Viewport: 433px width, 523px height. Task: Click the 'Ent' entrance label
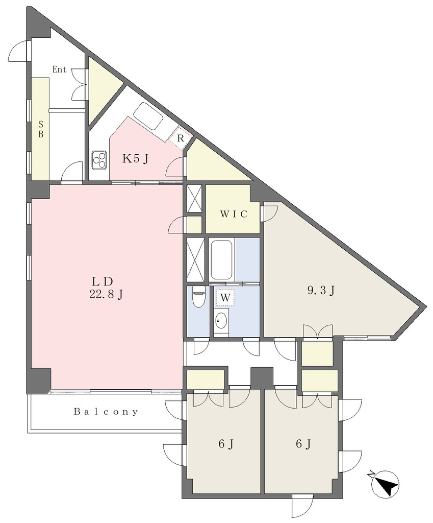[x=60, y=69]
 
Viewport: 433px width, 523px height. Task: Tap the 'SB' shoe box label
[x=41, y=129]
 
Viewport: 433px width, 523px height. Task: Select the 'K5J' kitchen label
[x=135, y=159]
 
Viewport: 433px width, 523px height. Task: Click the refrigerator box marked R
[x=180, y=138]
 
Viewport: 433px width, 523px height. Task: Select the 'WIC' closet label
[x=234, y=214]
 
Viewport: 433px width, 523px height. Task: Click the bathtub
[x=221, y=259]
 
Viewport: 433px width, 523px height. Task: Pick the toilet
[x=198, y=297]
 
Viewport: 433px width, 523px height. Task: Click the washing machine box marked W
[x=225, y=298]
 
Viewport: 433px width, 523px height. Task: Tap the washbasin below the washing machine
[x=221, y=322]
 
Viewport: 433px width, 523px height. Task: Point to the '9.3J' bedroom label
[x=320, y=291]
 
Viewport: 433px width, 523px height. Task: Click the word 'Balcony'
[x=106, y=412]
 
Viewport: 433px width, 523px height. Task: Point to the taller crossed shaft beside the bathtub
[x=195, y=259]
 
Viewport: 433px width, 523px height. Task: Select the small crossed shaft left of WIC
[x=194, y=199]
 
